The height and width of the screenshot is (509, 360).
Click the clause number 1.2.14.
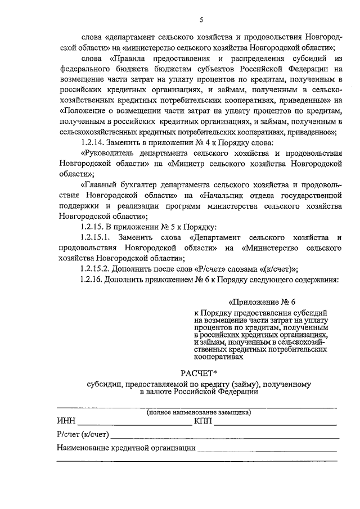pyautogui.click(x=93, y=142)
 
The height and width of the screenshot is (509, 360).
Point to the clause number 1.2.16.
pyautogui.click(x=93, y=279)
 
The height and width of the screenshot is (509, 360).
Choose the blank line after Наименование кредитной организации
pyautogui.click(x=267, y=451)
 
